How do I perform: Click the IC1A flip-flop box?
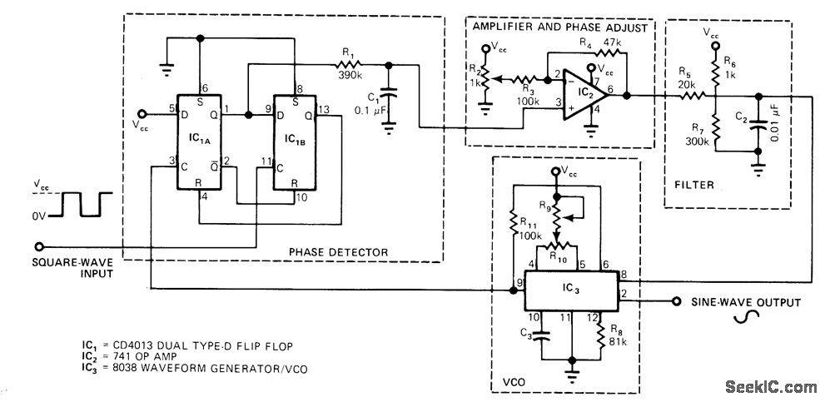[198, 142]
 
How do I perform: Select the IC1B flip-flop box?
[295, 142]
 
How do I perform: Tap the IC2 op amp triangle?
[585, 95]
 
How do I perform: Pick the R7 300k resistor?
[715, 127]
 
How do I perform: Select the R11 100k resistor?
[513, 222]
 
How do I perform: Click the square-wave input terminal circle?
[38, 246]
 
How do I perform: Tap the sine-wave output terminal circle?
[676, 301]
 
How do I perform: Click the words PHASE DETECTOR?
[338, 252]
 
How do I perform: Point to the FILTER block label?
[694, 185]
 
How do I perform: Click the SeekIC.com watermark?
[771, 387]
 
